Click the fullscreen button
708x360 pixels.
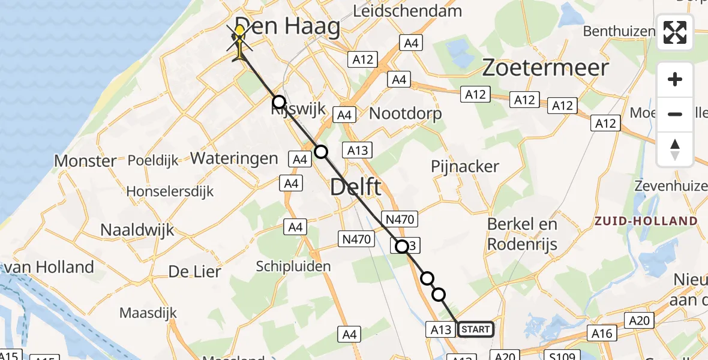(675, 32)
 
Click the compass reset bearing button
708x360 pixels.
(675, 149)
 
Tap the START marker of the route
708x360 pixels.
(475, 329)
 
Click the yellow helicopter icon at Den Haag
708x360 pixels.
(241, 40)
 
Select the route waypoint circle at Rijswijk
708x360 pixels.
(278, 102)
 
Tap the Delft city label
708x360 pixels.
(355, 187)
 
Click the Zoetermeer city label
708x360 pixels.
(546, 68)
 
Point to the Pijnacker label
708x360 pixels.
(465, 167)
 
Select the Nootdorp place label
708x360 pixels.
(406, 113)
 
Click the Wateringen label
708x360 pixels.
(234, 158)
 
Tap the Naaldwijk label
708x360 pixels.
(137, 230)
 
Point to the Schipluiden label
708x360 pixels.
(293, 266)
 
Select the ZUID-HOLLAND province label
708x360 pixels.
(646, 221)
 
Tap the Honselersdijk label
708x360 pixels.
(170, 191)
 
